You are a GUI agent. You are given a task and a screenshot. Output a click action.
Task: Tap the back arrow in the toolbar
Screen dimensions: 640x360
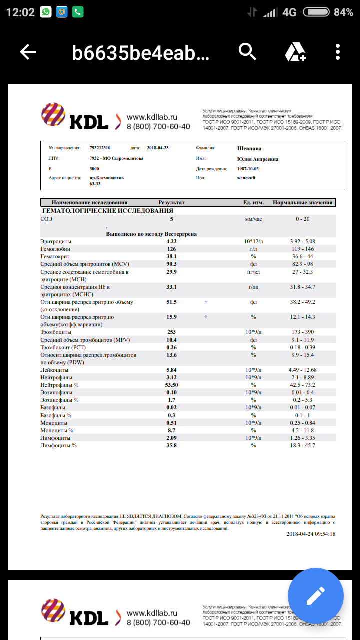(28, 52)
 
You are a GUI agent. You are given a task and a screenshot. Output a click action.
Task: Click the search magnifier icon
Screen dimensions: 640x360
(247, 51)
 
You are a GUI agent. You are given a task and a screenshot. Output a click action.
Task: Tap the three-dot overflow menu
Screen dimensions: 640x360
(338, 52)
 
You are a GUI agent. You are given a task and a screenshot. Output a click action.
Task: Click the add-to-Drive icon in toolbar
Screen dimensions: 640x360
(295, 52)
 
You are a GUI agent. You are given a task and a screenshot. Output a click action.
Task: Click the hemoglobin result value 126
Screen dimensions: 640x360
(171, 249)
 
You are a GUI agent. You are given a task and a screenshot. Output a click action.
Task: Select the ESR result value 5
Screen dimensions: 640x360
(171, 219)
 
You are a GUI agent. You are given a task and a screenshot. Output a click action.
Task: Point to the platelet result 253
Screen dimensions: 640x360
(171, 332)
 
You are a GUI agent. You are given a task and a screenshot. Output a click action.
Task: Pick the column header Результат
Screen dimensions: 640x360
(171, 203)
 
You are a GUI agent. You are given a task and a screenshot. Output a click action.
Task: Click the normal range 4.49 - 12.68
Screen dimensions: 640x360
(302, 370)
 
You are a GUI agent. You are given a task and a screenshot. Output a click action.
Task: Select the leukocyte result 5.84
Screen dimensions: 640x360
(171, 370)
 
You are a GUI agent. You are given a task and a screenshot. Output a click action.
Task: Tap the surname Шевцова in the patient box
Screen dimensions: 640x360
(249, 148)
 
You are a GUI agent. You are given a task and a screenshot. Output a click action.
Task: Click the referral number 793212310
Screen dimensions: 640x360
(100, 148)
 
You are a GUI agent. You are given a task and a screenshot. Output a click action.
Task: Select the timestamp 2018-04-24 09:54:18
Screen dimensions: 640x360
(311, 534)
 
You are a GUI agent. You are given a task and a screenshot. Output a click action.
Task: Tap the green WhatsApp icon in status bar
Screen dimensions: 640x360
(46, 12)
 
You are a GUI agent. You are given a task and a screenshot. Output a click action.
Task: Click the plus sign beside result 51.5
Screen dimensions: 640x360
(205, 302)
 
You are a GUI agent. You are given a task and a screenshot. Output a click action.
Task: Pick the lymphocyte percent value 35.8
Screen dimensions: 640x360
(171, 445)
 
